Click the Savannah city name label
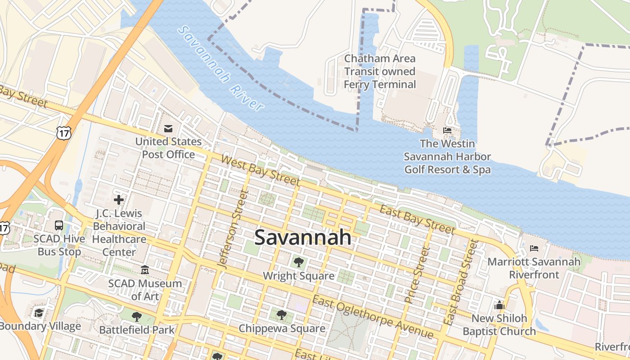pos(303,237)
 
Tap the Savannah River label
pos(220,68)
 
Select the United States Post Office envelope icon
pos(168,129)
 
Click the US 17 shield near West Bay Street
pos(63,132)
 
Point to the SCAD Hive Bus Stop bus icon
pos(59,225)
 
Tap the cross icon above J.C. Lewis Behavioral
pos(119,199)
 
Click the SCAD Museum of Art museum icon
pos(145,270)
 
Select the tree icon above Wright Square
pos(298,262)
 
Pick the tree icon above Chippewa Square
pos(282,315)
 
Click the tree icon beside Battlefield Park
pos(137,317)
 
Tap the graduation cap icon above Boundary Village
pos(39,313)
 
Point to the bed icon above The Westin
pos(447,130)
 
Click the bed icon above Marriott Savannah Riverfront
pos(534,248)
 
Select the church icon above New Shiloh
pos(499,305)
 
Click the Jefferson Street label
pos(233,229)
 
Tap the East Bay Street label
pos(418,219)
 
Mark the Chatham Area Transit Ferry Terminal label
pos(380,72)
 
